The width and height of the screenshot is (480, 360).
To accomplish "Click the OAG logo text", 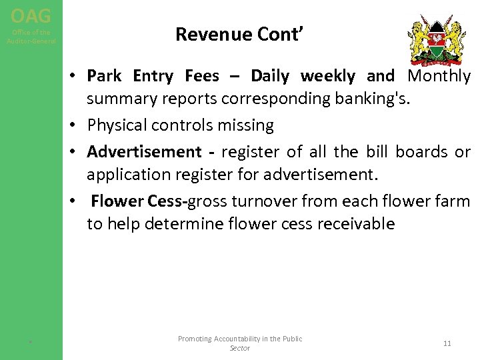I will tap(31, 15).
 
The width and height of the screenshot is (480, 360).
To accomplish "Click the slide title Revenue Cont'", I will tap(240, 34).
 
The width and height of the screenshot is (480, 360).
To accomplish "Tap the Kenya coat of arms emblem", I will tap(437, 40).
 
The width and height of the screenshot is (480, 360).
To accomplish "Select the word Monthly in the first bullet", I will tap(439, 76).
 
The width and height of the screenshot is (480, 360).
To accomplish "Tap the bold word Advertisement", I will tap(144, 152).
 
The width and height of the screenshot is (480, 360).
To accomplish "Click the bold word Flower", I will tap(117, 201).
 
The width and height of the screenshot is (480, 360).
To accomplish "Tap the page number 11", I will tap(447, 343).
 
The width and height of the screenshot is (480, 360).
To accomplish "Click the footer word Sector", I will tap(239, 348).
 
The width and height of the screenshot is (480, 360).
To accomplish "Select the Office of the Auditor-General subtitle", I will tap(31, 37).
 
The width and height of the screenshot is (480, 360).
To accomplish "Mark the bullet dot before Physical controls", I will tap(79, 126).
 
